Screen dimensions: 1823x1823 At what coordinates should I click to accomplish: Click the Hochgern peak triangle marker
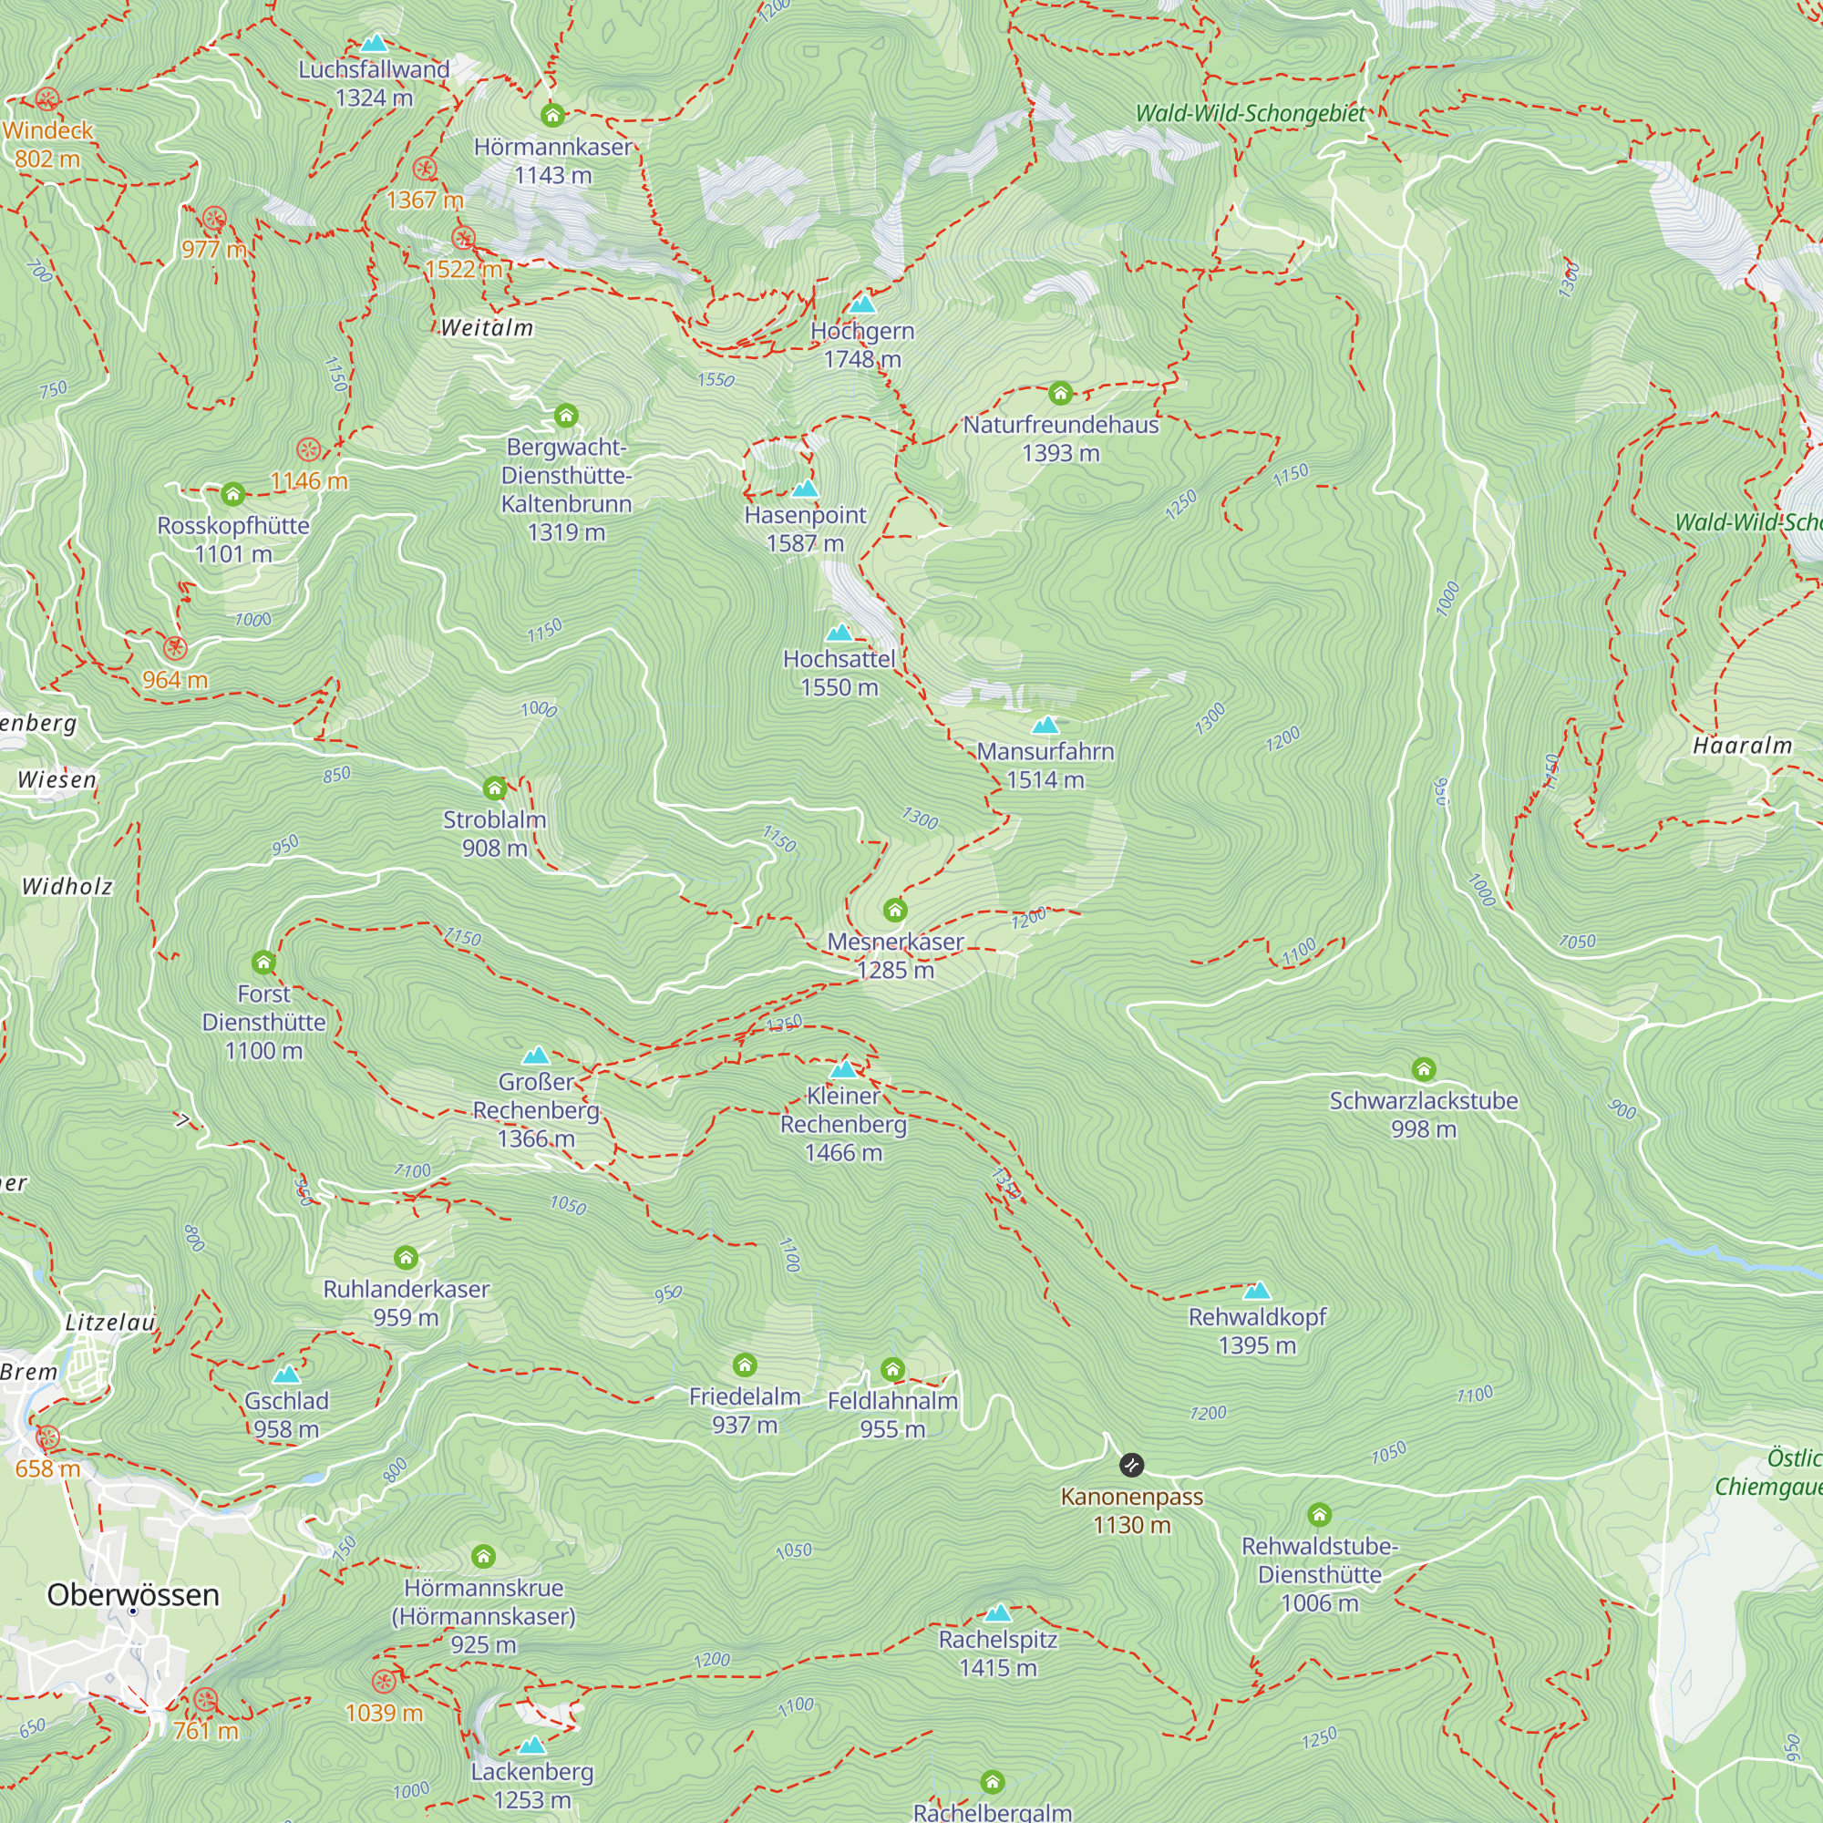(x=862, y=304)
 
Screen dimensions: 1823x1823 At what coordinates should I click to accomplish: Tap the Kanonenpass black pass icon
(x=1131, y=1465)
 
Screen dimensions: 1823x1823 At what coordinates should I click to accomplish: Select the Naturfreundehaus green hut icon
(x=1061, y=393)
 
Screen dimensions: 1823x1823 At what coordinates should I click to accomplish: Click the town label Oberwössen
(x=133, y=1594)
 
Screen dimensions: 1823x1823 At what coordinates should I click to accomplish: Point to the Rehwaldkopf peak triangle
(x=1257, y=1291)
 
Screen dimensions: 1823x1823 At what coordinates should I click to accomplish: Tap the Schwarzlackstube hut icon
(x=1424, y=1069)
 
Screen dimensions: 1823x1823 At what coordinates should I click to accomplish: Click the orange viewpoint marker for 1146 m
(x=309, y=449)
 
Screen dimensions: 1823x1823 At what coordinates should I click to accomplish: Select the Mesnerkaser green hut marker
(x=894, y=911)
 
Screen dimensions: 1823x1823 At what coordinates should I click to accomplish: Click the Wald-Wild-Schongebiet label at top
(x=1251, y=113)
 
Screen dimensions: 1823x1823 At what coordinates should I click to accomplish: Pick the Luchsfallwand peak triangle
(x=375, y=44)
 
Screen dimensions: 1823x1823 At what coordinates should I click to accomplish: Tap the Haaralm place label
(x=1742, y=746)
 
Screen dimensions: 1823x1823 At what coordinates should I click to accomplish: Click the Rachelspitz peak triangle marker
(x=997, y=1612)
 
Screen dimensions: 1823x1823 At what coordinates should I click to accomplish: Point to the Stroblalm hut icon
(x=494, y=788)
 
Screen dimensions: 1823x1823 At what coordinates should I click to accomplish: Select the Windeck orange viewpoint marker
(x=47, y=98)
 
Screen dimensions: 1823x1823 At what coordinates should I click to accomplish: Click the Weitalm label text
(x=487, y=327)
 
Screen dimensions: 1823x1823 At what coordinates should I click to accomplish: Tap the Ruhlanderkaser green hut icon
(x=406, y=1258)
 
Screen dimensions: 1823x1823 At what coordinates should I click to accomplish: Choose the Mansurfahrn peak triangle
(x=1045, y=726)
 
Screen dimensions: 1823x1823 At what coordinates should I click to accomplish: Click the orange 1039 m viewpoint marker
(x=383, y=1682)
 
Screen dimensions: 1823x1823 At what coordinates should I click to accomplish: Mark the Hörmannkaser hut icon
(x=553, y=115)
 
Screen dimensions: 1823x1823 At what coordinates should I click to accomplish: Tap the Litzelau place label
(x=109, y=1322)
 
